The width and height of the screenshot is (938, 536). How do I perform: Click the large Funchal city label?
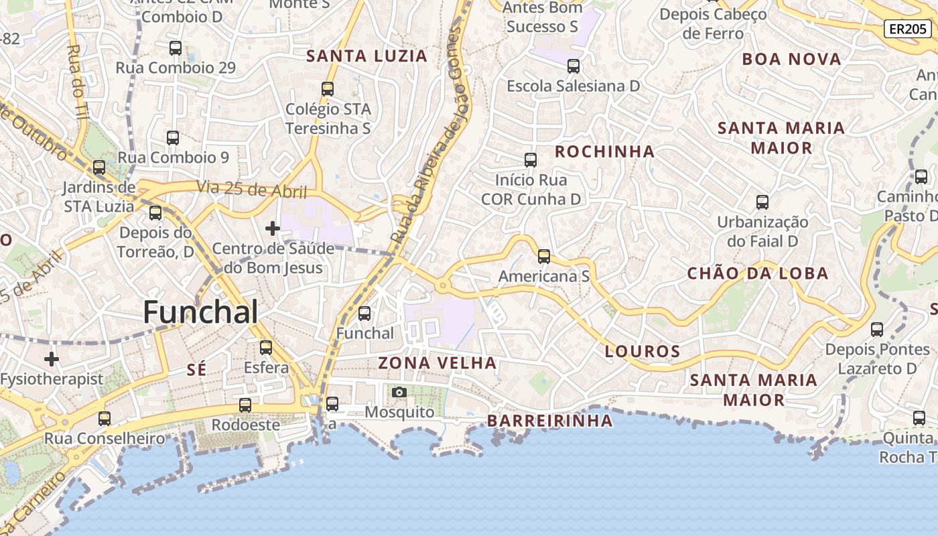201,313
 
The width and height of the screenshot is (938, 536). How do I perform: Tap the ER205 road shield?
907,29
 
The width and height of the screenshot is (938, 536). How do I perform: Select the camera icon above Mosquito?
399,392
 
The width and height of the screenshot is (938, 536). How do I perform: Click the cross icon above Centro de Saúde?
273,229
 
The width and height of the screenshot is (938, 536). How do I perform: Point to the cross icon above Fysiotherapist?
52,359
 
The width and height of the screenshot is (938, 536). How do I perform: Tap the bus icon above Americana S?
544,256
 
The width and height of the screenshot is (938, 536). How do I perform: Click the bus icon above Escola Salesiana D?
574,66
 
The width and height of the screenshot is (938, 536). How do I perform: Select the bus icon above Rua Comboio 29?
176,48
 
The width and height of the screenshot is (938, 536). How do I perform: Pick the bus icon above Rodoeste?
245,405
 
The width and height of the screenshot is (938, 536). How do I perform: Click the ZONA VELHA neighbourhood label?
438,363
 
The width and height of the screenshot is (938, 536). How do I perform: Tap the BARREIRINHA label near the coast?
549,421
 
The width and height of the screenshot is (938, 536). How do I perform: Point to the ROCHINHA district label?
604,151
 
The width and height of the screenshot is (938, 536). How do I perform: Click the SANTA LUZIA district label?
366,56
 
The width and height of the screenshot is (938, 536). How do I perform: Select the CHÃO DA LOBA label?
758,273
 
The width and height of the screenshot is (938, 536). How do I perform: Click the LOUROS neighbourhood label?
643,351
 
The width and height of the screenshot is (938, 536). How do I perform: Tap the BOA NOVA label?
791,60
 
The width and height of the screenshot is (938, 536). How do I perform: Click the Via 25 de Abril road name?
251,190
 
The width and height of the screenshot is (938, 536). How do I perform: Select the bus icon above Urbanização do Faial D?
762,202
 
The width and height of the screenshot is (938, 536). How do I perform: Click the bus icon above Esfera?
266,348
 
